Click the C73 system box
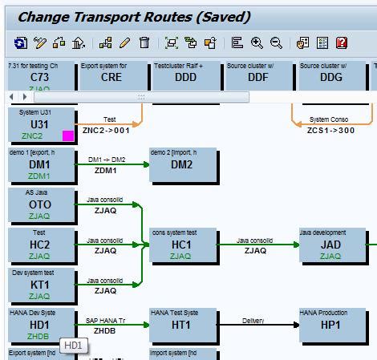coord(41,75)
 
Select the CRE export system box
coord(111,75)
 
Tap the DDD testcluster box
coord(185,75)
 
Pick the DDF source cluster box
coord(257,75)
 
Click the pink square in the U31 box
coord(68,136)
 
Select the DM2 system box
coord(182,164)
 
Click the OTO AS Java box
coord(40,205)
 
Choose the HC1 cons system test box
coord(182,245)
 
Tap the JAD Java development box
coord(330,245)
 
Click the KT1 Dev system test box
coord(40,285)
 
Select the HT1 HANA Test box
coord(182,326)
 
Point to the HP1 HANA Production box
coord(330,326)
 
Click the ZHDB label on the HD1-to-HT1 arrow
coord(105,330)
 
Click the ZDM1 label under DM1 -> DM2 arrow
coord(105,170)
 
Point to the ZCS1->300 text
coord(330,129)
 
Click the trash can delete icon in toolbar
coord(144,42)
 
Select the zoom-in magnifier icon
coord(257,42)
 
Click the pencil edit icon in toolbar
coord(125,42)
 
